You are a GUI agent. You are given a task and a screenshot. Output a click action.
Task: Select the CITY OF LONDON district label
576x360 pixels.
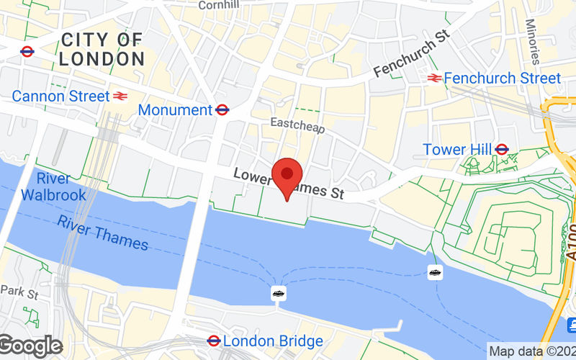tap(102, 49)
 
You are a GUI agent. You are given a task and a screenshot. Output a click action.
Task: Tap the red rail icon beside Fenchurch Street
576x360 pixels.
tap(434, 78)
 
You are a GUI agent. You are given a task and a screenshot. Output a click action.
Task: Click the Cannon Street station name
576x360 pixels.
tap(60, 96)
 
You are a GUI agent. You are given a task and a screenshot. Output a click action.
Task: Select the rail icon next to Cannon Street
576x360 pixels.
tap(120, 96)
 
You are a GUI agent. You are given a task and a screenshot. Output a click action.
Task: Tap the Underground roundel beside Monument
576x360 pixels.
tap(222, 110)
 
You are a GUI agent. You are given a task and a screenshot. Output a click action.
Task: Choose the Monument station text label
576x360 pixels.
tap(175, 110)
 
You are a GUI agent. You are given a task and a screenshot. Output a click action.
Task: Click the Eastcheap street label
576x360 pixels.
tap(297, 125)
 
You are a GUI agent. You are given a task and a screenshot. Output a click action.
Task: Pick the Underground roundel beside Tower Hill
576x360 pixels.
tap(502, 149)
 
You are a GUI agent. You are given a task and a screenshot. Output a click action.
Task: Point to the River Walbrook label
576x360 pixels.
tap(53, 186)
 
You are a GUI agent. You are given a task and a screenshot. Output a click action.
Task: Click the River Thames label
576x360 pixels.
tap(103, 233)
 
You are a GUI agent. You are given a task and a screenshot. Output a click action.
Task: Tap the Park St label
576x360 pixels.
tap(19, 292)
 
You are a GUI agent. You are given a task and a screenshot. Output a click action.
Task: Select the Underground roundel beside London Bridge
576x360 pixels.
tap(214, 341)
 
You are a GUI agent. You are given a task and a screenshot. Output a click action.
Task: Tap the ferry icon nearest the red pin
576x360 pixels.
tap(279, 293)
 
